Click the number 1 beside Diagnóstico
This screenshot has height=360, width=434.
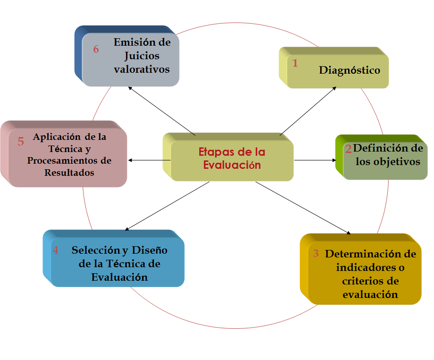coord(295,63)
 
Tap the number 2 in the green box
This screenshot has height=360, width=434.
coord(348,149)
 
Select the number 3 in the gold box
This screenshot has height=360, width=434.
coord(316,254)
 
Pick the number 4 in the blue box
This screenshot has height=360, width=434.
coord(56,250)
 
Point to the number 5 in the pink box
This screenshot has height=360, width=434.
coord(21,142)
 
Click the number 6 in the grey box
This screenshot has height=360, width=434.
coord(96,49)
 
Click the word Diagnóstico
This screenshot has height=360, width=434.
coord(350,70)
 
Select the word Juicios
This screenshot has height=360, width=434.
coord(142,56)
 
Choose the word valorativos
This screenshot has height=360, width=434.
coord(142,69)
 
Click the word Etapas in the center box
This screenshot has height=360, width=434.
coord(215,152)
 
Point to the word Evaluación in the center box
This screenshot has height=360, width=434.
coord(232,165)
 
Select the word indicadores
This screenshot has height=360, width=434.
coord(364,268)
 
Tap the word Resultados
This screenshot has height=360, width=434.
coord(70,173)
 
